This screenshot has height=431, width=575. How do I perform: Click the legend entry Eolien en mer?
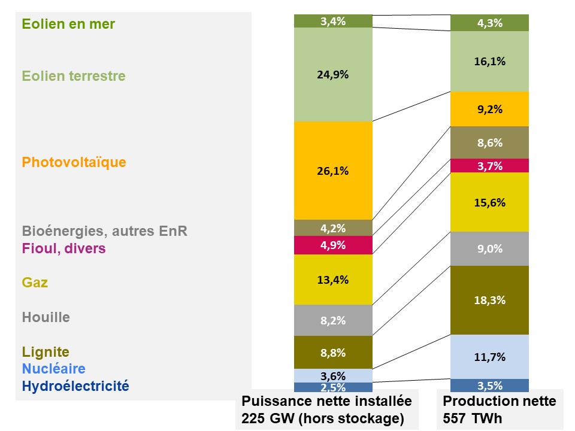coord(68,25)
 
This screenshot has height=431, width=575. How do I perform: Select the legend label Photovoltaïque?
coord(74,162)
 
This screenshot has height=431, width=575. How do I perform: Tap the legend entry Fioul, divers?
coord(63,248)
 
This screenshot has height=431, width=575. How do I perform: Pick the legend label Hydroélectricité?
coord(75,386)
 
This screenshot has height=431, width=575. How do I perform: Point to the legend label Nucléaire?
coord(53,369)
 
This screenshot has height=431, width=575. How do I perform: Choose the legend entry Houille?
coord(46,317)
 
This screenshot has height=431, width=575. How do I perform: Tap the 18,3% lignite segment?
coord(489,300)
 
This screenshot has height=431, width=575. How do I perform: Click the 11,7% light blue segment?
coord(489,357)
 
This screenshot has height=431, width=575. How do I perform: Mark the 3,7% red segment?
coord(489,166)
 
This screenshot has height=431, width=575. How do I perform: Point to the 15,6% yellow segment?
coord(489,202)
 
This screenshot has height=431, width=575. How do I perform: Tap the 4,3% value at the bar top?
coord(489,24)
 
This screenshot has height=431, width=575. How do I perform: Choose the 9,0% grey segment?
coord(489,248)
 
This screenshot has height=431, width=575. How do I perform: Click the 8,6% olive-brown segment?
coord(489,143)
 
